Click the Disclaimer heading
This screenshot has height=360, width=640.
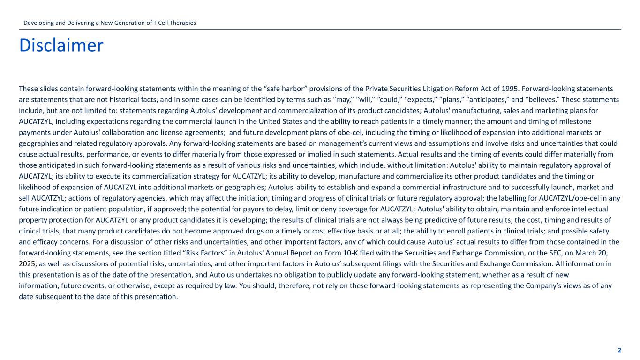pos(61,45)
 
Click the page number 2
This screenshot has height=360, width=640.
pos(619,350)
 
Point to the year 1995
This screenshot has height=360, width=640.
pos(508,89)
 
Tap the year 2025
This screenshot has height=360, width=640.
pos(27,263)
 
